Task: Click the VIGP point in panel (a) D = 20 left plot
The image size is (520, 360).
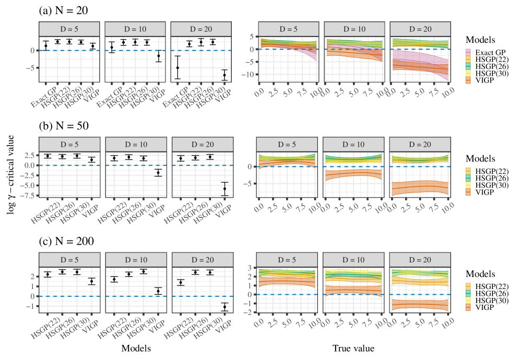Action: coord(224,75)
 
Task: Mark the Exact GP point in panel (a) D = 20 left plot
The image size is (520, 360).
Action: coord(178,67)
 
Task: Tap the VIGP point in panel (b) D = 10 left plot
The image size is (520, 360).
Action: coord(158,172)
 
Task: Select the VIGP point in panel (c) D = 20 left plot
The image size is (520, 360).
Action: coord(224,307)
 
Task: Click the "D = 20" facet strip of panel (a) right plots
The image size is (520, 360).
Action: coord(419,28)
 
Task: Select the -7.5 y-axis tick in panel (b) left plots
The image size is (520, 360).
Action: coord(29,195)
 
